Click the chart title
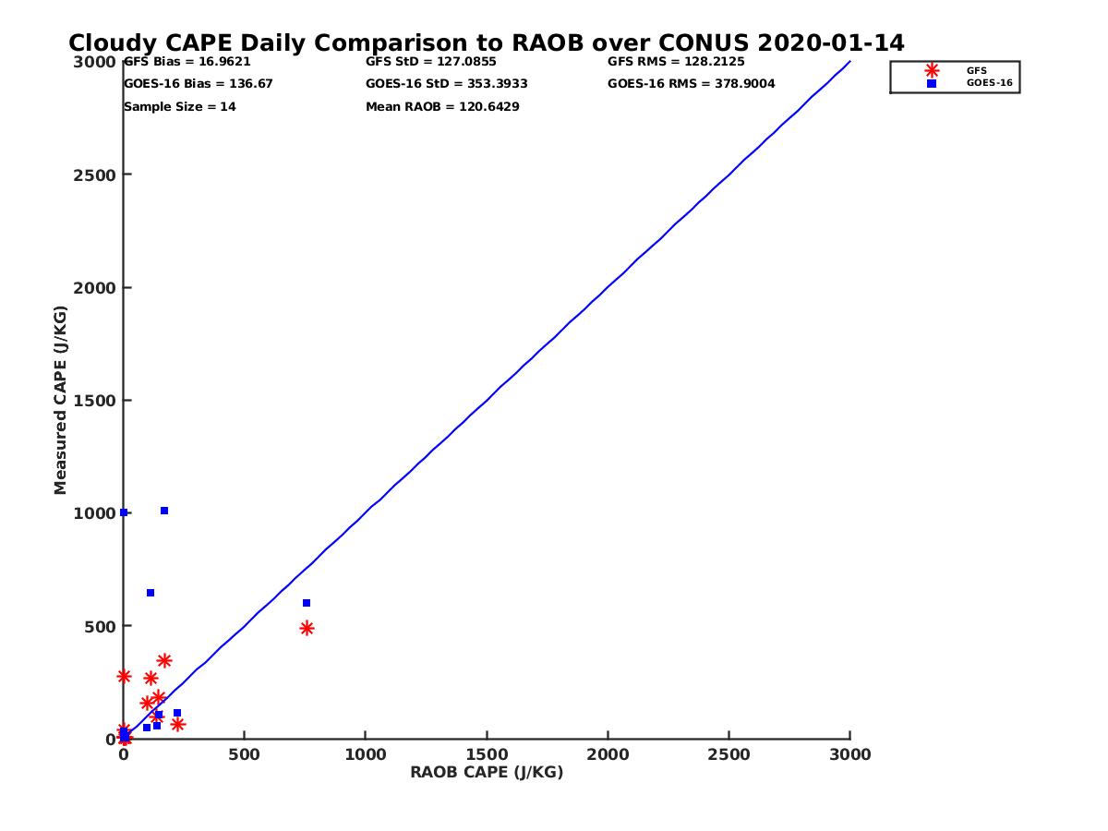[x=487, y=42]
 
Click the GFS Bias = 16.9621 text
[x=187, y=62]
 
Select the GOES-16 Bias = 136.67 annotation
[x=199, y=84]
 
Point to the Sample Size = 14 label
[x=180, y=107]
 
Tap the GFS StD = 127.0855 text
[x=431, y=62]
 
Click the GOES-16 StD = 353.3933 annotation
[x=447, y=84]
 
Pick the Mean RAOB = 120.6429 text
[x=442, y=107]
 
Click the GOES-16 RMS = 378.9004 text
[x=692, y=84]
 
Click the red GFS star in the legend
[x=932, y=70]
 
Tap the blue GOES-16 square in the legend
[x=932, y=83]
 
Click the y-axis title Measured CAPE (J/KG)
[x=61, y=400]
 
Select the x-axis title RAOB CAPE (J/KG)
[x=487, y=773]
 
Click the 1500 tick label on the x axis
[x=487, y=754]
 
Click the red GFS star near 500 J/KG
[x=307, y=628]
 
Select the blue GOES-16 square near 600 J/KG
[x=307, y=603]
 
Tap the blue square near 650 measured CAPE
[x=151, y=593]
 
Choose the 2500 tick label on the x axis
[x=729, y=754]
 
